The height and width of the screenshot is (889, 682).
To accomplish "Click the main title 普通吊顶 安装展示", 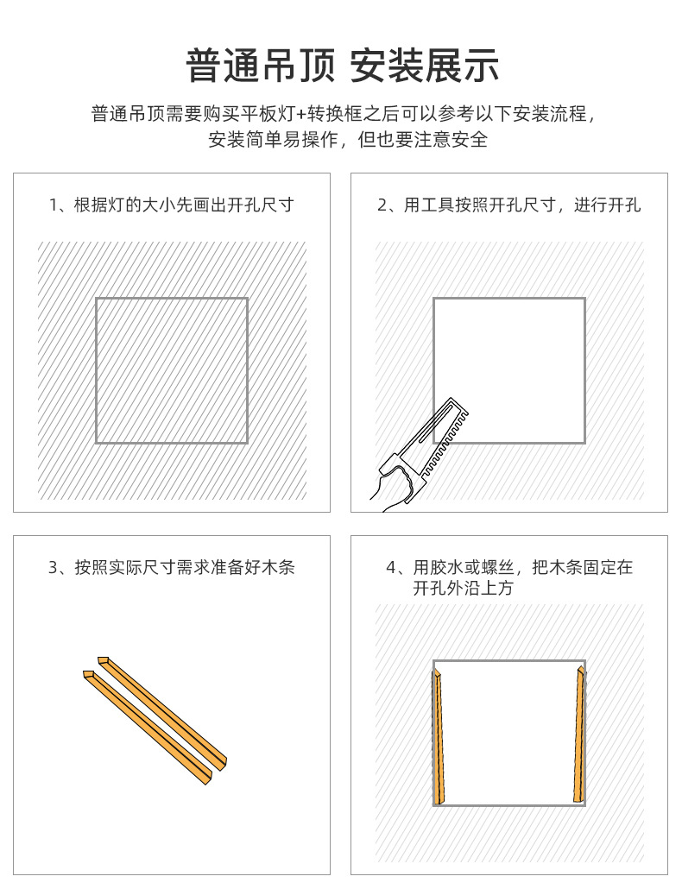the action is coord(343,66).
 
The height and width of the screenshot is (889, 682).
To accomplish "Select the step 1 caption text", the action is coord(171,205).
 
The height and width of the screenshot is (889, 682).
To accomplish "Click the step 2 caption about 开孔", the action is coord(508,205).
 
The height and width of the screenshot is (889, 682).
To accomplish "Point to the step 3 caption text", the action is coord(171,567).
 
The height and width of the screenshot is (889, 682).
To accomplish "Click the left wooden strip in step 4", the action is coord(439,736).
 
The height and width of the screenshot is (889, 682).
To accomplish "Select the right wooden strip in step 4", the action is coord(578,735).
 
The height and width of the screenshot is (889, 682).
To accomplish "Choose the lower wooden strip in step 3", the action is coord(148,728).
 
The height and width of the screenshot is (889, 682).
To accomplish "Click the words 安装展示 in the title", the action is coord(424,66).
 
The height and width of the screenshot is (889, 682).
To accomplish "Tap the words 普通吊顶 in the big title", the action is coord(261,66).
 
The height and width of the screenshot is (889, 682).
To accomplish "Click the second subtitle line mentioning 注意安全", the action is coord(348,140).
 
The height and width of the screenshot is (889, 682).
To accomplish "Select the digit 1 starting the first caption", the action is coord(54,205).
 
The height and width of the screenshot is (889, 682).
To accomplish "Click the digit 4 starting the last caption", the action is coord(391,568).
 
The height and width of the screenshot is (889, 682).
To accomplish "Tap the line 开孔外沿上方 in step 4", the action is coord(464,588).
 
